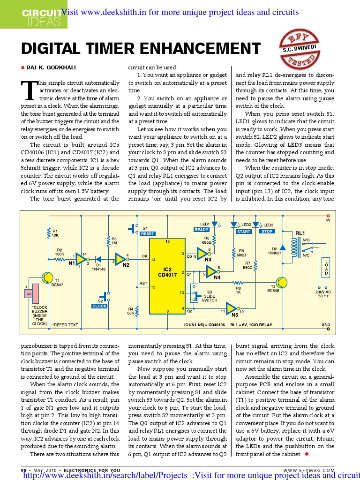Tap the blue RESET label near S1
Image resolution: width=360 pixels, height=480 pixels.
[147, 233]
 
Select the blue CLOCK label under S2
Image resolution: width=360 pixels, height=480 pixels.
[99, 306]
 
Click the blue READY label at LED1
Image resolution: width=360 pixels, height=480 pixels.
[201, 230]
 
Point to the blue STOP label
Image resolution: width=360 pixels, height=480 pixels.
[267, 231]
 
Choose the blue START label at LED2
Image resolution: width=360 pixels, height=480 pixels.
[244, 231]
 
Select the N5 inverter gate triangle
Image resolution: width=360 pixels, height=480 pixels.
[232, 308]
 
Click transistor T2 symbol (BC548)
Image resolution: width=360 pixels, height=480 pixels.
[281, 283]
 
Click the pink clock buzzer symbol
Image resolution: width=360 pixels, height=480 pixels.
[30, 295]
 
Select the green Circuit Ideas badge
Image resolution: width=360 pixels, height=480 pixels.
[33, 14]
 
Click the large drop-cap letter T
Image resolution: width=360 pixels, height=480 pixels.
[30, 90]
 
